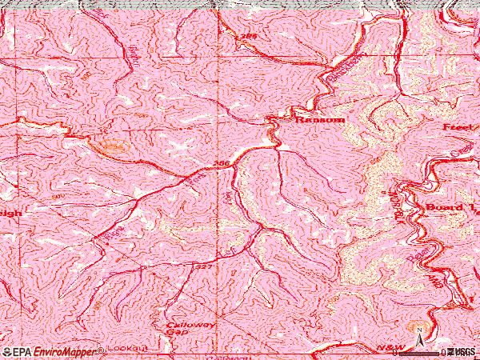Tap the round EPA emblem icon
coord(7,351)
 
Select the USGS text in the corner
coord(464,351)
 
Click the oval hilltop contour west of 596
coord(111,146)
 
